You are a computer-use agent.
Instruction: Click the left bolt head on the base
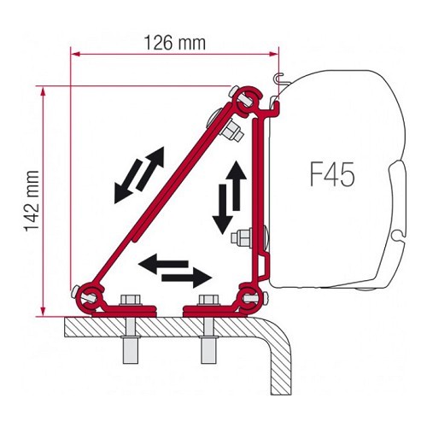coord(132,301)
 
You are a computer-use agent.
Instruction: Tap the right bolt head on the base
coord(206,301)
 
